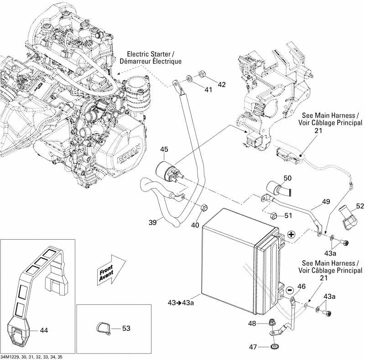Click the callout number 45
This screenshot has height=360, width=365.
(x=164, y=149)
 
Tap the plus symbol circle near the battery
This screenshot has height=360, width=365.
(x=291, y=235)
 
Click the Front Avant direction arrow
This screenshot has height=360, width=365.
(x=111, y=270)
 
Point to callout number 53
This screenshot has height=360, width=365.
(x=126, y=328)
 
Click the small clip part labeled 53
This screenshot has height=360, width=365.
(x=104, y=329)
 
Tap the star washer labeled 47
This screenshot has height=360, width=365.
(x=275, y=347)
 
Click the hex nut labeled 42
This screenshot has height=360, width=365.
(x=201, y=74)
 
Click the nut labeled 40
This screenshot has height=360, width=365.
(x=204, y=207)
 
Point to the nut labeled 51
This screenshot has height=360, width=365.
(x=273, y=216)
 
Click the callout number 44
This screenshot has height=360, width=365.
(x=44, y=330)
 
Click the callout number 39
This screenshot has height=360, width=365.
(x=153, y=222)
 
